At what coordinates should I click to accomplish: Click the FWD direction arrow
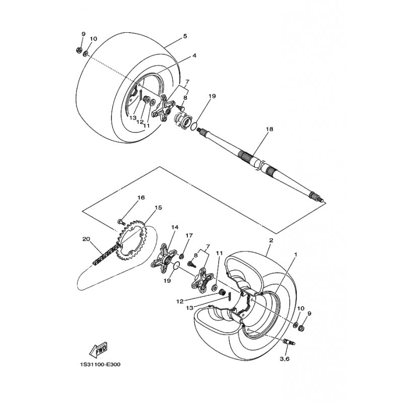pyautogui.click(x=98, y=350)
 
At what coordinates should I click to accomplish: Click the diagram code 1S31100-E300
pyautogui.click(x=100, y=364)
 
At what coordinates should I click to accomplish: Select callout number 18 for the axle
pyautogui.click(x=270, y=129)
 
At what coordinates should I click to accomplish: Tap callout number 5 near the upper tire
pyautogui.click(x=185, y=36)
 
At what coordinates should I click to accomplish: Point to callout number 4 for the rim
pyautogui.click(x=194, y=55)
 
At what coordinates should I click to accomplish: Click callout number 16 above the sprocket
pyautogui.click(x=141, y=197)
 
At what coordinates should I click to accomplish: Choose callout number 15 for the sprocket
pyautogui.click(x=158, y=208)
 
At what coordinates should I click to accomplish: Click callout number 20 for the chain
pyautogui.click(x=86, y=239)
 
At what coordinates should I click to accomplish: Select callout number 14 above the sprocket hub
pyautogui.click(x=175, y=227)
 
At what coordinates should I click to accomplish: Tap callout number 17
pyautogui.click(x=189, y=235)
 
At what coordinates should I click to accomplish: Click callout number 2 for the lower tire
pyautogui.click(x=271, y=241)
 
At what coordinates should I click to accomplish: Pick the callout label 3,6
pyautogui.click(x=285, y=359)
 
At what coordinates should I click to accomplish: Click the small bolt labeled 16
pyautogui.click(x=121, y=221)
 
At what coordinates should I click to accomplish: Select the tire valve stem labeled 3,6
pyautogui.click(x=289, y=342)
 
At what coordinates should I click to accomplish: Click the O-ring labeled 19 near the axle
pyautogui.click(x=195, y=126)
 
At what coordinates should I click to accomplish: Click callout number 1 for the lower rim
pyautogui.click(x=296, y=255)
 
